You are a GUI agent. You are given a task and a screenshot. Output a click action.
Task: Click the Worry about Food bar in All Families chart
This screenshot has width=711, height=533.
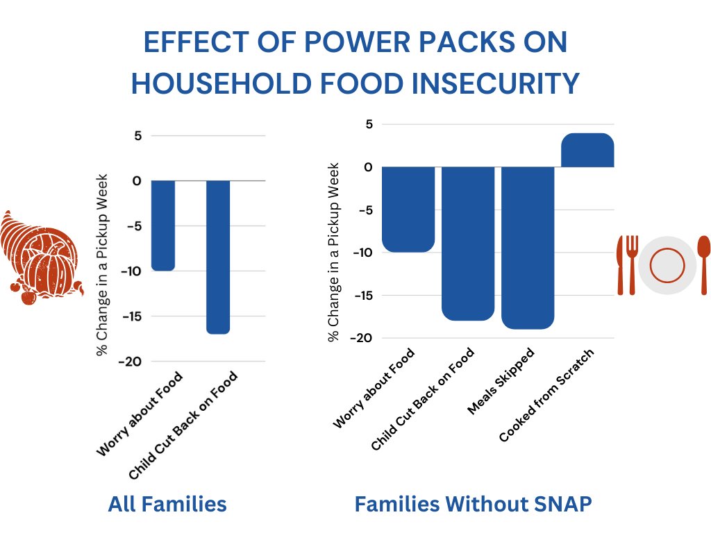click(x=163, y=225)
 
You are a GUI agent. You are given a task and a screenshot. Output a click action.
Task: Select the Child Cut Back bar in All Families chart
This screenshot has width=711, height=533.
click(x=218, y=257)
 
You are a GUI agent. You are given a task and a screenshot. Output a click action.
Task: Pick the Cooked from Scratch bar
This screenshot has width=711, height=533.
click(x=587, y=150)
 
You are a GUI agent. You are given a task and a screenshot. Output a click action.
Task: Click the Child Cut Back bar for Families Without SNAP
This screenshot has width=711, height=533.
click(x=468, y=244)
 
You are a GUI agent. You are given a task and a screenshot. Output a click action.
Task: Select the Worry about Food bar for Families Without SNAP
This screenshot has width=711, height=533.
click(x=408, y=209)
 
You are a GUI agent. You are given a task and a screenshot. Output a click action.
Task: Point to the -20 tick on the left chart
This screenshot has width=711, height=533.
click(x=131, y=362)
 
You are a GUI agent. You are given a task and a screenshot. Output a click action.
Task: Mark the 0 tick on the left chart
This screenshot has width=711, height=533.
click(x=136, y=180)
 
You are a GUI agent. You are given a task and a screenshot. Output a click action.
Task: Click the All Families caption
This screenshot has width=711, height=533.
click(x=167, y=505)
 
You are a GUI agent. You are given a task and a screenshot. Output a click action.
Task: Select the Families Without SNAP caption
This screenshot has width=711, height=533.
click(x=473, y=505)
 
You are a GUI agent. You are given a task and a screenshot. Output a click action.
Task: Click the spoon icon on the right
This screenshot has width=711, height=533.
click(x=703, y=264)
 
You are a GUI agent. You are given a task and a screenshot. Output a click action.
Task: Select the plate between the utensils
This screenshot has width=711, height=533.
click(x=667, y=265)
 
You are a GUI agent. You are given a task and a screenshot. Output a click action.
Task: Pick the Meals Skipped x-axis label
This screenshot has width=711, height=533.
click(x=501, y=382)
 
